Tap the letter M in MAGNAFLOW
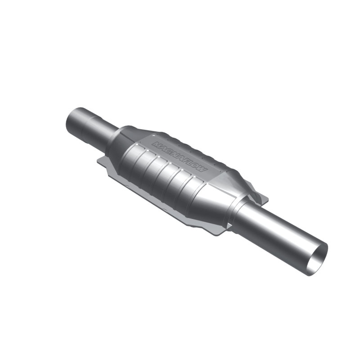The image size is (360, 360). (x=157, y=145)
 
